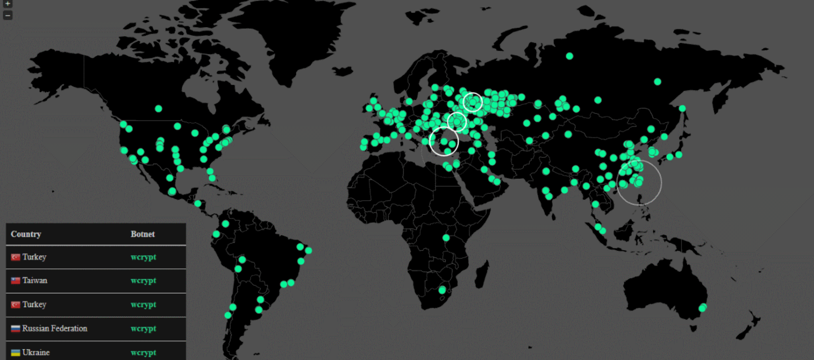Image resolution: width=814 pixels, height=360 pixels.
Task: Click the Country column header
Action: coord(26,234)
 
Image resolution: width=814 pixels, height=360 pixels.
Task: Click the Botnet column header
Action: coord(143,234)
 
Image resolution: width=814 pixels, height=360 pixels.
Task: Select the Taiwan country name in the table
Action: coord(35,280)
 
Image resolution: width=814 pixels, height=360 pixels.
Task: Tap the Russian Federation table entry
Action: coord(55,329)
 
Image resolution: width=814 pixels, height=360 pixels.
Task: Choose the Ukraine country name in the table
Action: coord(36,352)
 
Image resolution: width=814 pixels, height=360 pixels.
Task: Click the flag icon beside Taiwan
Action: coord(16,281)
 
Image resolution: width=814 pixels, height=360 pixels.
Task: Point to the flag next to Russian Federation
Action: coord(16,329)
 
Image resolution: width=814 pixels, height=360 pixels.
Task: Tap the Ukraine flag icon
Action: coord(16,353)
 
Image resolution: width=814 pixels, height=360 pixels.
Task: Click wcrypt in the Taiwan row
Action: coord(143,280)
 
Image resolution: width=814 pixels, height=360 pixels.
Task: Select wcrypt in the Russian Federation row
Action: coord(143,329)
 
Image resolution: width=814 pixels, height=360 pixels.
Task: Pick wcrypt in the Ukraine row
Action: coord(143,352)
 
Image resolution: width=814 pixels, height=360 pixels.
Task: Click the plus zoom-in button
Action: coord(7,4)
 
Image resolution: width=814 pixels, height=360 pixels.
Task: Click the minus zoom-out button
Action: coord(7,15)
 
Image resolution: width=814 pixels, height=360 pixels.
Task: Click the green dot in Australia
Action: coord(702,308)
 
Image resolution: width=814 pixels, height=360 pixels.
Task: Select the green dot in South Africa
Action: coord(442,290)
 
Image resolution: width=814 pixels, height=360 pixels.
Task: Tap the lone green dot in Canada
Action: coord(158,109)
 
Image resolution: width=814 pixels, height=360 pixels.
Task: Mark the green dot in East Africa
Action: coord(446,238)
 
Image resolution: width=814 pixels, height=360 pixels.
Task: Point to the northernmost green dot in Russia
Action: coord(569,56)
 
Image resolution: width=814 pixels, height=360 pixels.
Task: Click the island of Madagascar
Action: coord(482,273)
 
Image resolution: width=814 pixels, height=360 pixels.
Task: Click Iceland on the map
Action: coord(343,71)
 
